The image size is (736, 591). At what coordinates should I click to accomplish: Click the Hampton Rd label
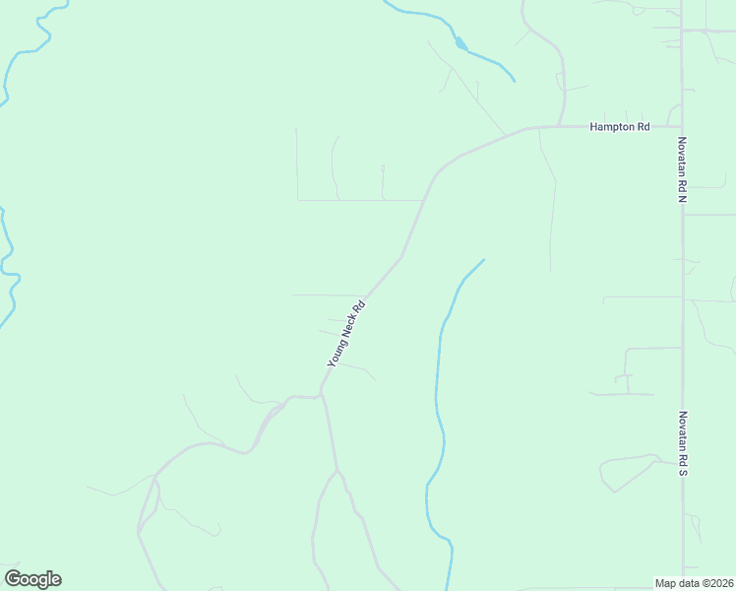620,127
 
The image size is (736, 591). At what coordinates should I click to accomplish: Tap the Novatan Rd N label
681,169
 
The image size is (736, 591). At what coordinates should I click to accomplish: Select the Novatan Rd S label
681,444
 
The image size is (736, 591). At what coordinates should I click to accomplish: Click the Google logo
32,579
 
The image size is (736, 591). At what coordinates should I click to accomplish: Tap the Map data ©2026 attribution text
694,582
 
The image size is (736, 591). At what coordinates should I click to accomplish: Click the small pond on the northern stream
460,43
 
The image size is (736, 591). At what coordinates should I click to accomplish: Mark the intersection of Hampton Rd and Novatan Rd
681,126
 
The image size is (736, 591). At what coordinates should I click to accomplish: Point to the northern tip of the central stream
483,260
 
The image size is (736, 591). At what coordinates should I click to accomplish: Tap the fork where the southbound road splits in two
336,472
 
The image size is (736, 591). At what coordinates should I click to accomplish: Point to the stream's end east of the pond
514,80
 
